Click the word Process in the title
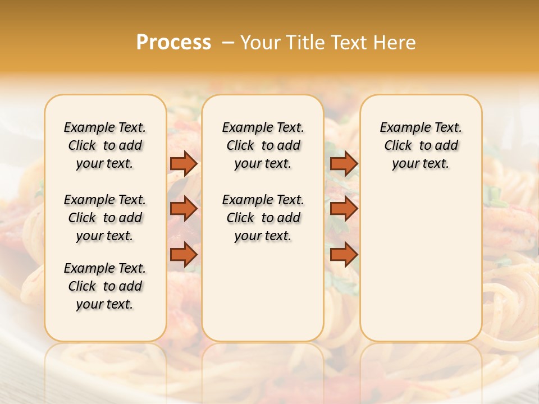(x=173, y=43)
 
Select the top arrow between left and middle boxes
(x=184, y=163)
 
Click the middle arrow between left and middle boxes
(x=184, y=209)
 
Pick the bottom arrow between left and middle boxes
(x=184, y=255)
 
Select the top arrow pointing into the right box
(x=344, y=163)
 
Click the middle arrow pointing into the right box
(x=344, y=209)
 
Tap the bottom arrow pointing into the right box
(x=344, y=255)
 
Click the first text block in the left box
(x=105, y=145)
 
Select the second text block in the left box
(x=105, y=218)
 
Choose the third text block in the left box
(x=105, y=286)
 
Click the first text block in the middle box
(x=263, y=145)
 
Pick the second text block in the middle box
(x=263, y=218)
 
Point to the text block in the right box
(x=421, y=145)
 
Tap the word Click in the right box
(x=398, y=146)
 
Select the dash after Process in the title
(x=227, y=43)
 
